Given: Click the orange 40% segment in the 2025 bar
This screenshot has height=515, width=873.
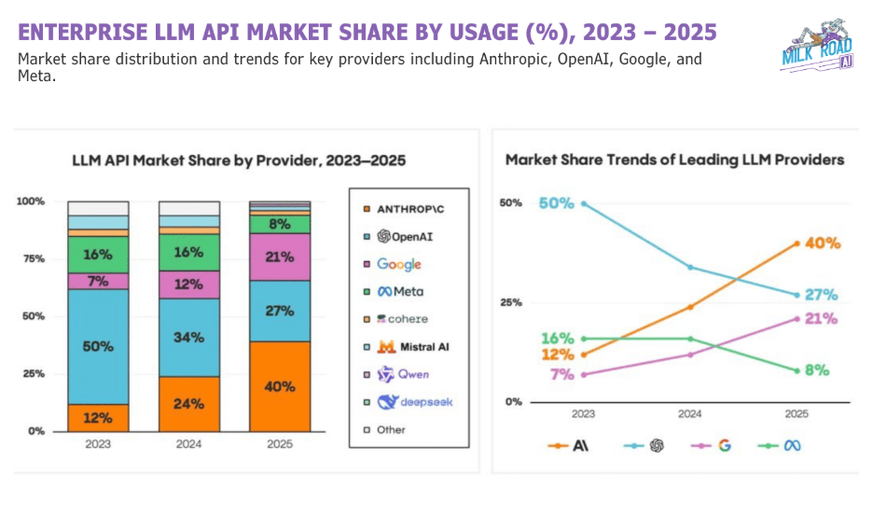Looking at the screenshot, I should pyautogui.click(x=280, y=386).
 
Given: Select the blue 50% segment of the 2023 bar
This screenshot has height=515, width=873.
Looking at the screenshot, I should pyautogui.click(x=98, y=346).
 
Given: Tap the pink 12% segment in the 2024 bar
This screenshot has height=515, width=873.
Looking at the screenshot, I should pyautogui.click(x=188, y=285).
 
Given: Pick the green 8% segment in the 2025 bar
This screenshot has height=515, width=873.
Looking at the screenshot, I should pyautogui.click(x=280, y=224).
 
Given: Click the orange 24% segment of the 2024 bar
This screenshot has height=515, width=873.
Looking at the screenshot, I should pyautogui.click(x=188, y=404).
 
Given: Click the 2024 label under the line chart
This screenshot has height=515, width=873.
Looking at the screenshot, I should pyautogui.click(x=690, y=413).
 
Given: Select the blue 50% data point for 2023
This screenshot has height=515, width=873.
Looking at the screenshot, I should pyautogui.click(x=584, y=202).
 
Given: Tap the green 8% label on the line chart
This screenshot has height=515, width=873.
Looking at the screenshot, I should pyautogui.click(x=817, y=369).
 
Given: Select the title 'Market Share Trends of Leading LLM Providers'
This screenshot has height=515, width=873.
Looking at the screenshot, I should pyautogui.click(x=674, y=160).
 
